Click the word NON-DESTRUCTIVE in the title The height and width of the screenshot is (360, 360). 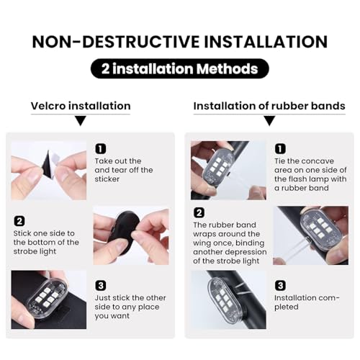[x=116, y=42]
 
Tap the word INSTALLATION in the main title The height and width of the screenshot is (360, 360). [x=266, y=42]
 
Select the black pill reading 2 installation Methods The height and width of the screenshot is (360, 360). [x=180, y=68]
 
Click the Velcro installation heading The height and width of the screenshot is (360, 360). [x=81, y=106]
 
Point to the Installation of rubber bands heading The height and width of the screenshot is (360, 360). [x=269, y=106]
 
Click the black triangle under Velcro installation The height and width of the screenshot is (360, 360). [x=81, y=121]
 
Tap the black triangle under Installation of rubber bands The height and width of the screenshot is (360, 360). [x=269, y=121]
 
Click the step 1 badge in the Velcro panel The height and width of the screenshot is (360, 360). [x=101, y=149]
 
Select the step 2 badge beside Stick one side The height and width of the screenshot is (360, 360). [x=19, y=221]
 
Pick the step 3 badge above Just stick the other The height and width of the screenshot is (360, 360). [x=101, y=286]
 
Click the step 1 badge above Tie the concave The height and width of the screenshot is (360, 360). [x=280, y=149]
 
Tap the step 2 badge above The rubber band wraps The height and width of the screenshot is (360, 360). [x=199, y=212]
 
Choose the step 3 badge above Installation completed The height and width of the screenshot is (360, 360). [x=280, y=286]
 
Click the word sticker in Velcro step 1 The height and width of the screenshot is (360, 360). [x=107, y=179]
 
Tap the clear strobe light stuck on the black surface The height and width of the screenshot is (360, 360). [x=46, y=297]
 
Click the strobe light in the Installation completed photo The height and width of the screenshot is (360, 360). [x=224, y=300]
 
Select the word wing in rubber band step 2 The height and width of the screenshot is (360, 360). [x=202, y=243]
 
